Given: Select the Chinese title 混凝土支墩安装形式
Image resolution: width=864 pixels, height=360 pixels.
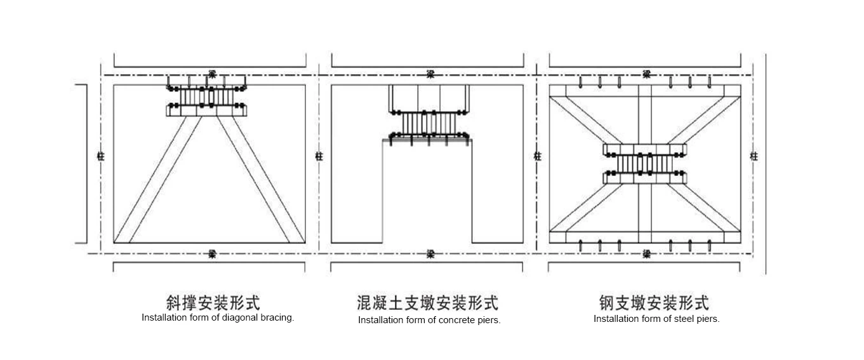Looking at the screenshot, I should point(428,302).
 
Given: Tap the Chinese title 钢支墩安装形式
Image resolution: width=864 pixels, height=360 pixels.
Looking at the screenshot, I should point(654,302).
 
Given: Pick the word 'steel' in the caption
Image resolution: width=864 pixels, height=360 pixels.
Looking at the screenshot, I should point(684,319).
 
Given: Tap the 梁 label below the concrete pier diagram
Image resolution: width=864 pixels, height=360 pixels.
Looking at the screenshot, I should point(430,254).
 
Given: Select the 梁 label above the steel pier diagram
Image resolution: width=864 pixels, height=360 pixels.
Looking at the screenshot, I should point(646,74).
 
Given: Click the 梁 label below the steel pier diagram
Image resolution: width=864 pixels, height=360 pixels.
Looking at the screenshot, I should point(646,254).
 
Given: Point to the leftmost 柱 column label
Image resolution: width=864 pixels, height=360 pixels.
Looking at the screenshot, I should point(100,156).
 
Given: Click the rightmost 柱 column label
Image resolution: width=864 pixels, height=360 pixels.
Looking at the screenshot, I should point(754,156).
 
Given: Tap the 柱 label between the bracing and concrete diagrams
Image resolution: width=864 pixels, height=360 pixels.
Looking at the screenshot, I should point(319,156).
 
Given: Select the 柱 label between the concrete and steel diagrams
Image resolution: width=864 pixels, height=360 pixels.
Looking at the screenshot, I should point(537,156).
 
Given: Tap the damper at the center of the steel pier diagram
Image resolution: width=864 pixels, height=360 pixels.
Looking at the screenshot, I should point(645,163).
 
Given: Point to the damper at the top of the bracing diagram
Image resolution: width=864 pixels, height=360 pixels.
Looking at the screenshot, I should point(207,97).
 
